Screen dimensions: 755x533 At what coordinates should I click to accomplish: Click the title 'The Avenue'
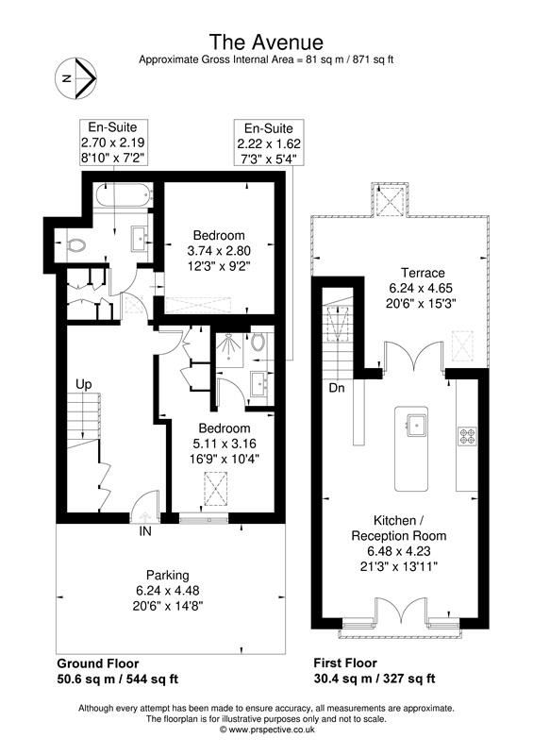(x=266, y=42)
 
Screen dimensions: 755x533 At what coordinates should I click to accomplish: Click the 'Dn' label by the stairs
(x=337, y=388)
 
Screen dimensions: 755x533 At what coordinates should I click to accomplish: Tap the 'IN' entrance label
(x=145, y=532)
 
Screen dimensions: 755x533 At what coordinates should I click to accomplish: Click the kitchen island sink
(x=413, y=423)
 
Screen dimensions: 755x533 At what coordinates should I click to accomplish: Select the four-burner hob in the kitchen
(x=467, y=435)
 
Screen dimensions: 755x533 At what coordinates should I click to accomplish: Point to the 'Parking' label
(x=167, y=575)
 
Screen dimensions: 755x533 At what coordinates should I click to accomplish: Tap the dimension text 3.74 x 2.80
(x=219, y=251)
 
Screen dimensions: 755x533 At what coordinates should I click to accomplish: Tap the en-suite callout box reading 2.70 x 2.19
(x=111, y=142)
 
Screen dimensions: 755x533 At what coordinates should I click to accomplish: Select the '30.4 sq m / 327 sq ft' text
(x=374, y=678)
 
